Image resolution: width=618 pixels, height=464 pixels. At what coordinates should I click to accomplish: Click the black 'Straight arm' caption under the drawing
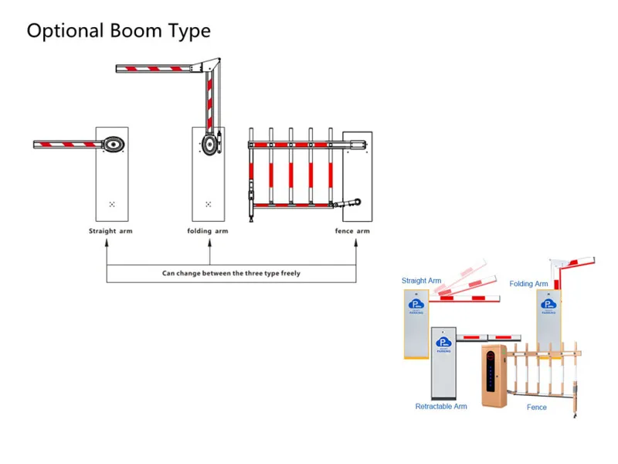click(x=110, y=231)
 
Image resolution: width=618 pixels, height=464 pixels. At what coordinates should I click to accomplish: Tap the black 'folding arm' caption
click(x=208, y=230)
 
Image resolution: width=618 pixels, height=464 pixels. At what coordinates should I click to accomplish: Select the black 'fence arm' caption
click(x=352, y=230)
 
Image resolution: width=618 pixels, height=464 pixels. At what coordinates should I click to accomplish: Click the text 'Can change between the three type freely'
click(x=231, y=273)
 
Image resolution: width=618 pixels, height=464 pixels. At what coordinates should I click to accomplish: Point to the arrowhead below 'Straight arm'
click(x=107, y=243)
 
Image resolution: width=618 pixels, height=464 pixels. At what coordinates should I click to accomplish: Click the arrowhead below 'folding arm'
click(x=209, y=243)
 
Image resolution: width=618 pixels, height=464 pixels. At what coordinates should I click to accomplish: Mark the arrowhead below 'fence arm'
click(x=356, y=243)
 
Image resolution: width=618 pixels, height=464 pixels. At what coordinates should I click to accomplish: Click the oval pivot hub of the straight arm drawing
click(x=114, y=145)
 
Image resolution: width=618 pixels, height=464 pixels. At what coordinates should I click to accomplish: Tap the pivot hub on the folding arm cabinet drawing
click(x=209, y=144)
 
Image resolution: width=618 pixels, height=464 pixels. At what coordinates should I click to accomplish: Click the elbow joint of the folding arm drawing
click(x=210, y=65)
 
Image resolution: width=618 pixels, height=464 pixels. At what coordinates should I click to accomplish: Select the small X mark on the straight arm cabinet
click(x=112, y=204)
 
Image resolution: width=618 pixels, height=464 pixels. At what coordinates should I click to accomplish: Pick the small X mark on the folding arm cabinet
click(x=208, y=204)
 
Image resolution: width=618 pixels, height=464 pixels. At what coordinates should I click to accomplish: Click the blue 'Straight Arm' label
click(x=421, y=281)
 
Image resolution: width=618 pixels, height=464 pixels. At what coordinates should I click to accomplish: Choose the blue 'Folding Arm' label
click(x=528, y=284)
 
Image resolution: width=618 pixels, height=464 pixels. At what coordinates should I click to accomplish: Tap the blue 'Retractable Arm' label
click(x=441, y=407)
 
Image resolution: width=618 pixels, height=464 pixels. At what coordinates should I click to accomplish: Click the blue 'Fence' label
click(x=536, y=408)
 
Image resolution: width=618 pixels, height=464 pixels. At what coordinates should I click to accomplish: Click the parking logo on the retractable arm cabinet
click(x=443, y=343)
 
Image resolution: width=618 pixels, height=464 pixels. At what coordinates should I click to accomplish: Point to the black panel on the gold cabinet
click(x=491, y=371)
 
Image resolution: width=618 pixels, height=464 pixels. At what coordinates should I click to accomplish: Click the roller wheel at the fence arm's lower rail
click(x=358, y=202)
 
